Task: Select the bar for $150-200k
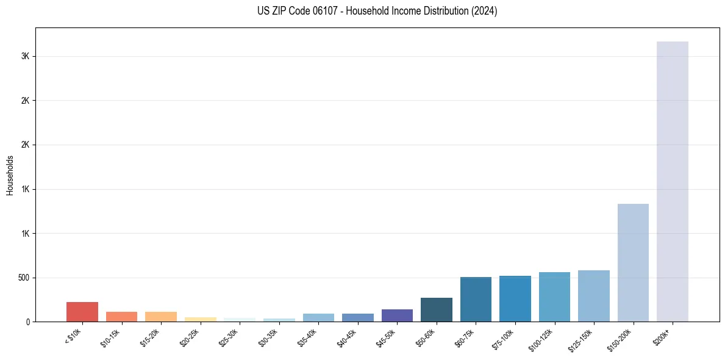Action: [x=633, y=262]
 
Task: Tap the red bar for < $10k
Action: [x=82, y=312]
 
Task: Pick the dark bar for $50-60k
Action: [x=437, y=310]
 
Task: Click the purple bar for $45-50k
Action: [x=397, y=315]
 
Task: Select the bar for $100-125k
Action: [x=554, y=297]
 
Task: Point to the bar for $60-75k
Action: [x=476, y=300]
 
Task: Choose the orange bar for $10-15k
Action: [x=121, y=317]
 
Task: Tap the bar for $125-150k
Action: [x=594, y=296]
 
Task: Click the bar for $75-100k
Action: [x=515, y=299]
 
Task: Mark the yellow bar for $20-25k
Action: [x=201, y=319]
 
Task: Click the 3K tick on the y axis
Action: [x=26, y=56]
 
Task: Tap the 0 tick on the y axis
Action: [x=28, y=322]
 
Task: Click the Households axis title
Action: [x=10, y=175]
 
